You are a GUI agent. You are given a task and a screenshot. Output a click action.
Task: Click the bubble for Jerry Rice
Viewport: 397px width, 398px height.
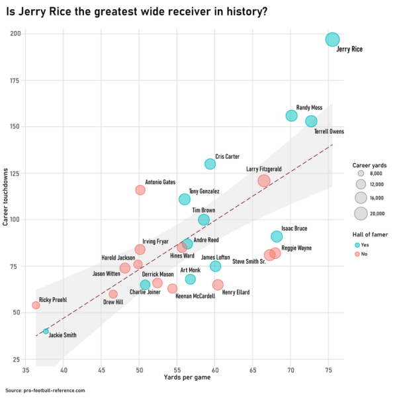coord(333,39)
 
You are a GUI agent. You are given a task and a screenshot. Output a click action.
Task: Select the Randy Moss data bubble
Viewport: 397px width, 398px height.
coord(291,116)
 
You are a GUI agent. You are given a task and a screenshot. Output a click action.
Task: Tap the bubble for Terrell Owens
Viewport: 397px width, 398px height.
coord(311,121)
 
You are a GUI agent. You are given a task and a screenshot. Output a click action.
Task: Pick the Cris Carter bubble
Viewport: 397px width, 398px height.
coord(210,164)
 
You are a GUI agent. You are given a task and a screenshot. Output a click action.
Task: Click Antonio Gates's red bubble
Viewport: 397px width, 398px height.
coord(140,190)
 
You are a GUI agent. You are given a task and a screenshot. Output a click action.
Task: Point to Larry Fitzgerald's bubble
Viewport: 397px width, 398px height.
coord(264,180)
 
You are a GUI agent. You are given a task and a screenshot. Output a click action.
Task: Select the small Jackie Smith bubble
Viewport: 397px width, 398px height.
coord(46,331)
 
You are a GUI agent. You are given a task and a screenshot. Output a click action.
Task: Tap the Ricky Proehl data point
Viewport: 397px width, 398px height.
coord(36,305)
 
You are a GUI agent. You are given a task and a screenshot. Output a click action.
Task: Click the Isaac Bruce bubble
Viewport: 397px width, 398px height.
coord(277,236)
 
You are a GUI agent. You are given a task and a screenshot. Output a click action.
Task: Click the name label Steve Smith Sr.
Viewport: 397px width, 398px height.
coord(249,262)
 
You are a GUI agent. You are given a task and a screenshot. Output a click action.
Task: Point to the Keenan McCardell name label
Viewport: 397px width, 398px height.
coord(195,297)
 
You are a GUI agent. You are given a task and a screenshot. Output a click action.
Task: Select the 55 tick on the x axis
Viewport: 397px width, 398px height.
coord(177,369)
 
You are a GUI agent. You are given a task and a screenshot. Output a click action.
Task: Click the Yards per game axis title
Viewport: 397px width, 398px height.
coord(183,377)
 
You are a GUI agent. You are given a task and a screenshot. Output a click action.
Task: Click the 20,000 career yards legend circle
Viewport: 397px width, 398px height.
coord(361,213)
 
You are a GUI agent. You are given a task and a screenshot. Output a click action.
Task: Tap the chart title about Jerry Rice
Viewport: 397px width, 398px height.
coord(136,11)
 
